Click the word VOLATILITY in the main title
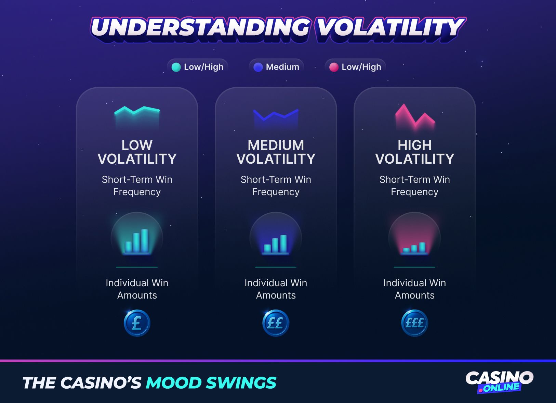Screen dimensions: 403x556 pyautogui.click(x=390, y=27)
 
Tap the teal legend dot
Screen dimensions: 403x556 pyautogui.click(x=176, y=67)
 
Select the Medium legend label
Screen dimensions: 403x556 pyautogui.click(x=282, y=67)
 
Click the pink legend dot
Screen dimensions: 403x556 pyautogui.click(x=334, y=67)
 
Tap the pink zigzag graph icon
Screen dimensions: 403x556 pyautogui.click(x=415, y=116)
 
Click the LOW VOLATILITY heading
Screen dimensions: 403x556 pyautogui.click(x=137, y=152)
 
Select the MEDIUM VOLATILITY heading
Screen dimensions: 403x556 pyautogui.click(x=276, y=152)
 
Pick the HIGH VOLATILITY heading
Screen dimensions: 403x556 pyautogui.click(x=415, y=152)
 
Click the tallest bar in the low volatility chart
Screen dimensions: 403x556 pyautogui.click(x=145, y=240)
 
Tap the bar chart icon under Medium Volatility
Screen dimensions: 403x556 pyautogui.click(x=276, y=244)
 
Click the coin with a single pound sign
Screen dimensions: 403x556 pyautogui.click(x=137, y=323)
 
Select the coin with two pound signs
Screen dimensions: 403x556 pyautogui.click(x=276, y=323)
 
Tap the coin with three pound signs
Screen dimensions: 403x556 pyautogui.click(x=414, y=323)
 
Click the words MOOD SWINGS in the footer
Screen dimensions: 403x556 pyautogui.click(x=211, y=383)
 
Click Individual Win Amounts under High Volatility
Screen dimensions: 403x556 pyautogui.click(x=414, y=289)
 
